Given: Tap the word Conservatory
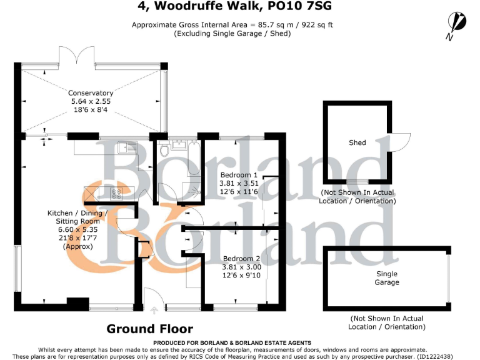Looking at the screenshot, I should point(91,93).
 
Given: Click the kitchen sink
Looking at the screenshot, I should point(130,147).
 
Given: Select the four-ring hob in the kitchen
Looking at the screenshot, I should point(116,193).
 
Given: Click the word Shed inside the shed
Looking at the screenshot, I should point(357,143).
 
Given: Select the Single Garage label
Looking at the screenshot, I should point(387,278).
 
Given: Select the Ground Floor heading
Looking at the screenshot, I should point(149,329).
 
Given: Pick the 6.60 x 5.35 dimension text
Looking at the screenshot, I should point(78,229).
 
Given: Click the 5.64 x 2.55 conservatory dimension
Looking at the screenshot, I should point(91,102).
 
